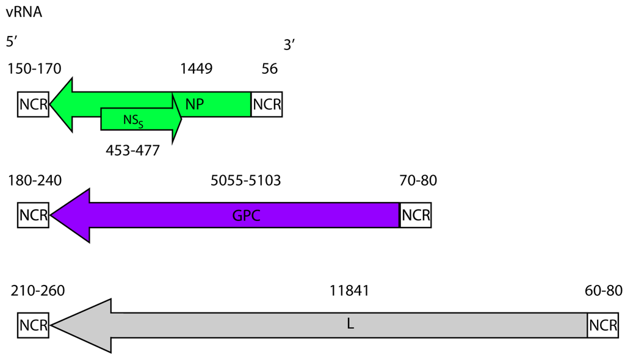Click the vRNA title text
24,12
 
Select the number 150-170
35,68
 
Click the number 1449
196,68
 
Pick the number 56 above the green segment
270,68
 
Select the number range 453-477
132,150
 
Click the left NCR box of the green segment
33,104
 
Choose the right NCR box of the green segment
267,104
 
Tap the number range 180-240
35,181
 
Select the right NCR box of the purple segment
416,216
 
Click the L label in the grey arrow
350,325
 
